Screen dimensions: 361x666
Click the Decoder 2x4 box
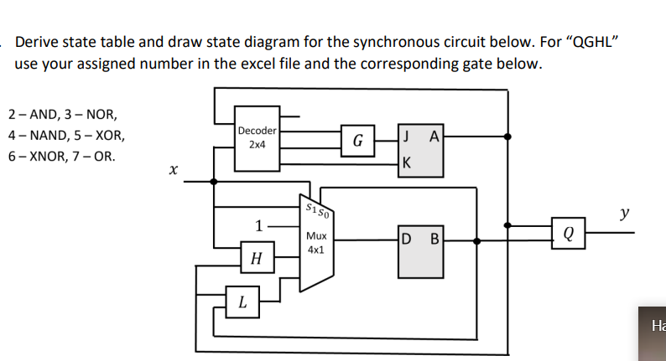coord(257,137)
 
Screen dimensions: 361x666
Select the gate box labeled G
coord(356,139)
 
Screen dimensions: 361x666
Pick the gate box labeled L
coord(242,302)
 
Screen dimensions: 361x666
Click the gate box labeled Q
coord(568,233)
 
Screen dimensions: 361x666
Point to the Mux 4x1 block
coord(317,243)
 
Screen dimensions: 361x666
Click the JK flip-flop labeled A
coord(421,150)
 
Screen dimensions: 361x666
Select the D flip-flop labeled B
coord(420,251)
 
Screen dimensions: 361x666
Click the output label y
coord(623,214)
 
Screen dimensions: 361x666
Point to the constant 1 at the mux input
coord(260,224)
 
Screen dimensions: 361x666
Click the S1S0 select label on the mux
coord(315,208)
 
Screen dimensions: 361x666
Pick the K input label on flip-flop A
coord(406,162)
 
